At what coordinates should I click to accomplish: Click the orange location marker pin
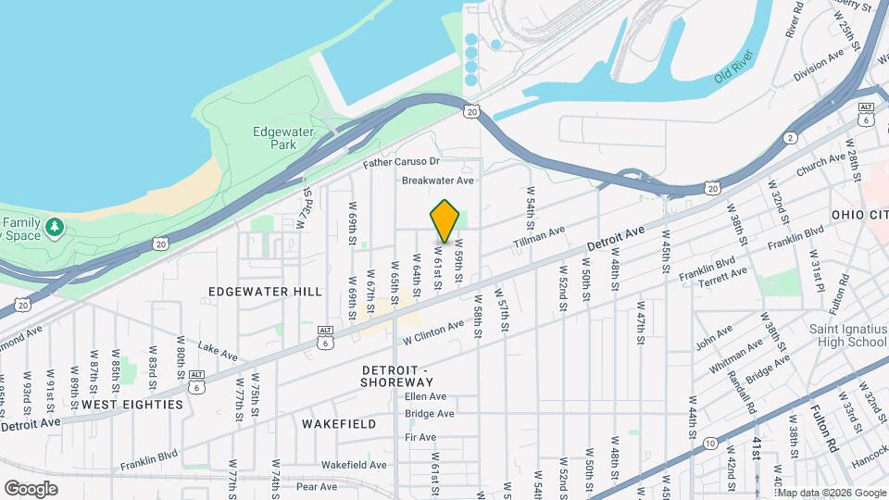click(445, 221)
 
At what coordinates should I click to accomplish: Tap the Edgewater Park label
click(283, 138)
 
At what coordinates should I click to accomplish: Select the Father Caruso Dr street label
click(401, 162)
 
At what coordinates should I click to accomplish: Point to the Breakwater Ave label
click(437, 181)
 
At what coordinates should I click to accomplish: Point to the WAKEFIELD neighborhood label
click(339, 424)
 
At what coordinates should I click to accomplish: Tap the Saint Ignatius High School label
click(846, 334)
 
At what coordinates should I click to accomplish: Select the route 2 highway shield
click(790, 138)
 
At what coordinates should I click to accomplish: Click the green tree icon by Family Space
click(55, 226)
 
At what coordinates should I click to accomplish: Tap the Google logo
click(31, 488)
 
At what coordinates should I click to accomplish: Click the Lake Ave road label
click(218, 353)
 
